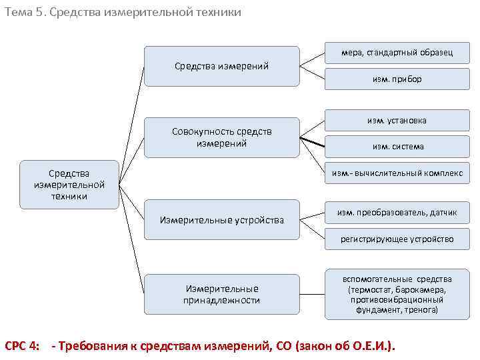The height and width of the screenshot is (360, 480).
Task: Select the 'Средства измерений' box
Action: (x=221, y=66)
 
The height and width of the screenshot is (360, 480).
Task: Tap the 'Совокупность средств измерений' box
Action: (x=221, y=138)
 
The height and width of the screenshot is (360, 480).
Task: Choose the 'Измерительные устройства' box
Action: (x=221, y=220)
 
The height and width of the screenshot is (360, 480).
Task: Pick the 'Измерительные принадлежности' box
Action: (x=221, y=294)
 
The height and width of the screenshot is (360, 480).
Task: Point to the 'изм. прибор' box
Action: (x=397, y=79)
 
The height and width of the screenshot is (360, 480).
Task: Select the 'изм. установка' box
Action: (x=397, y=121)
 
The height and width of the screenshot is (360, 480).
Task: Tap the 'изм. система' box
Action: (x=397, y=147)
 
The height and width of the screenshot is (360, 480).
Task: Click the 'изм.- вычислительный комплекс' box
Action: (x=397, y=173)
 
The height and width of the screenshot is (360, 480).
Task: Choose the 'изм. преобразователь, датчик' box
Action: (x=397, y=213)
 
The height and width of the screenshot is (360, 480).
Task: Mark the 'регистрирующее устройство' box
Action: (x=397, y=239)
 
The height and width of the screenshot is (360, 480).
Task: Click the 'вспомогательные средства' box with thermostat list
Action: (x=397, y=294)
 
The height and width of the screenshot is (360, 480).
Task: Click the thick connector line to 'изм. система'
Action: (x=313, y=142)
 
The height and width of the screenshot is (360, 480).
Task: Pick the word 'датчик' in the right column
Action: (x=442, y=213)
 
